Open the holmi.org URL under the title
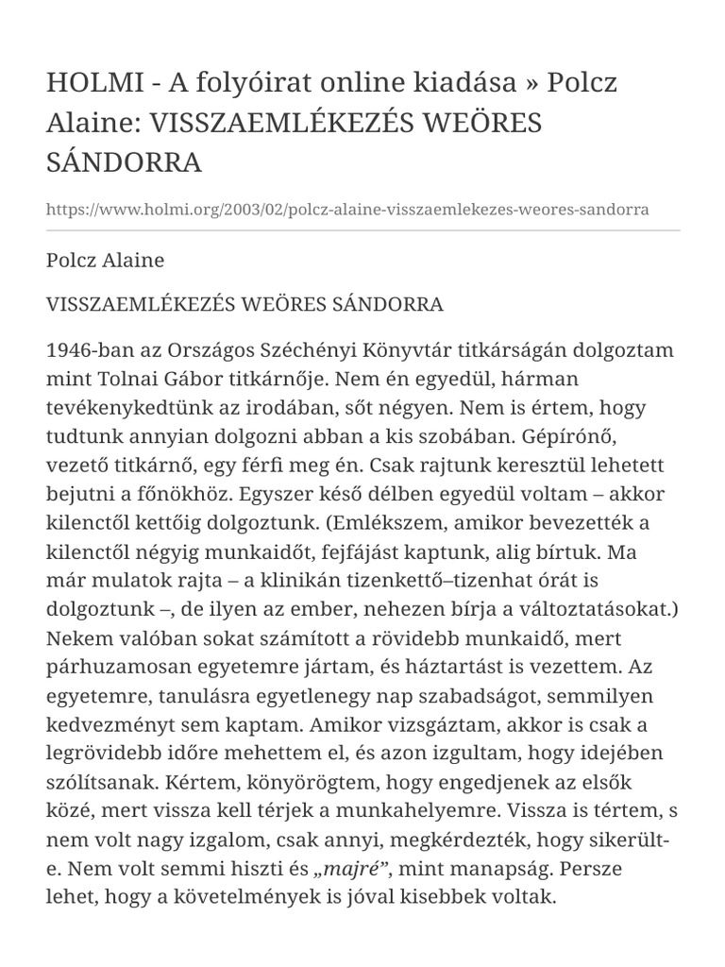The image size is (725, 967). (x=347, y=209)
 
